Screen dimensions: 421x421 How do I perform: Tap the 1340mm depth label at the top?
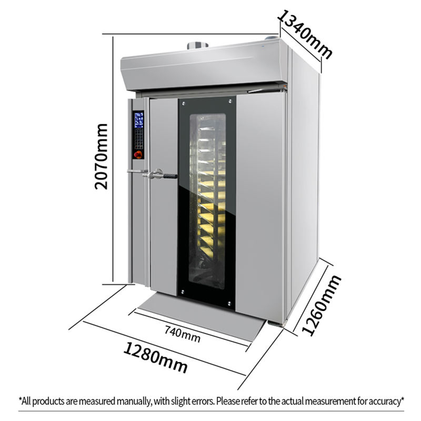click(305, 34)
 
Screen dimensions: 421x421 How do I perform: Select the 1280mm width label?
click(156, 357)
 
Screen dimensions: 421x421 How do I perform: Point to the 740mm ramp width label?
click(182, 335)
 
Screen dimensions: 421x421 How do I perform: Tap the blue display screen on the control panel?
click(138, 120)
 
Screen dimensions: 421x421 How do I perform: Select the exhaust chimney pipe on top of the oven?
click(197, 46)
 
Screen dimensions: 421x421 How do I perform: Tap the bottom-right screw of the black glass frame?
click(230, 304)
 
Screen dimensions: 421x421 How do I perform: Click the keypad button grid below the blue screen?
click(138, 138)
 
